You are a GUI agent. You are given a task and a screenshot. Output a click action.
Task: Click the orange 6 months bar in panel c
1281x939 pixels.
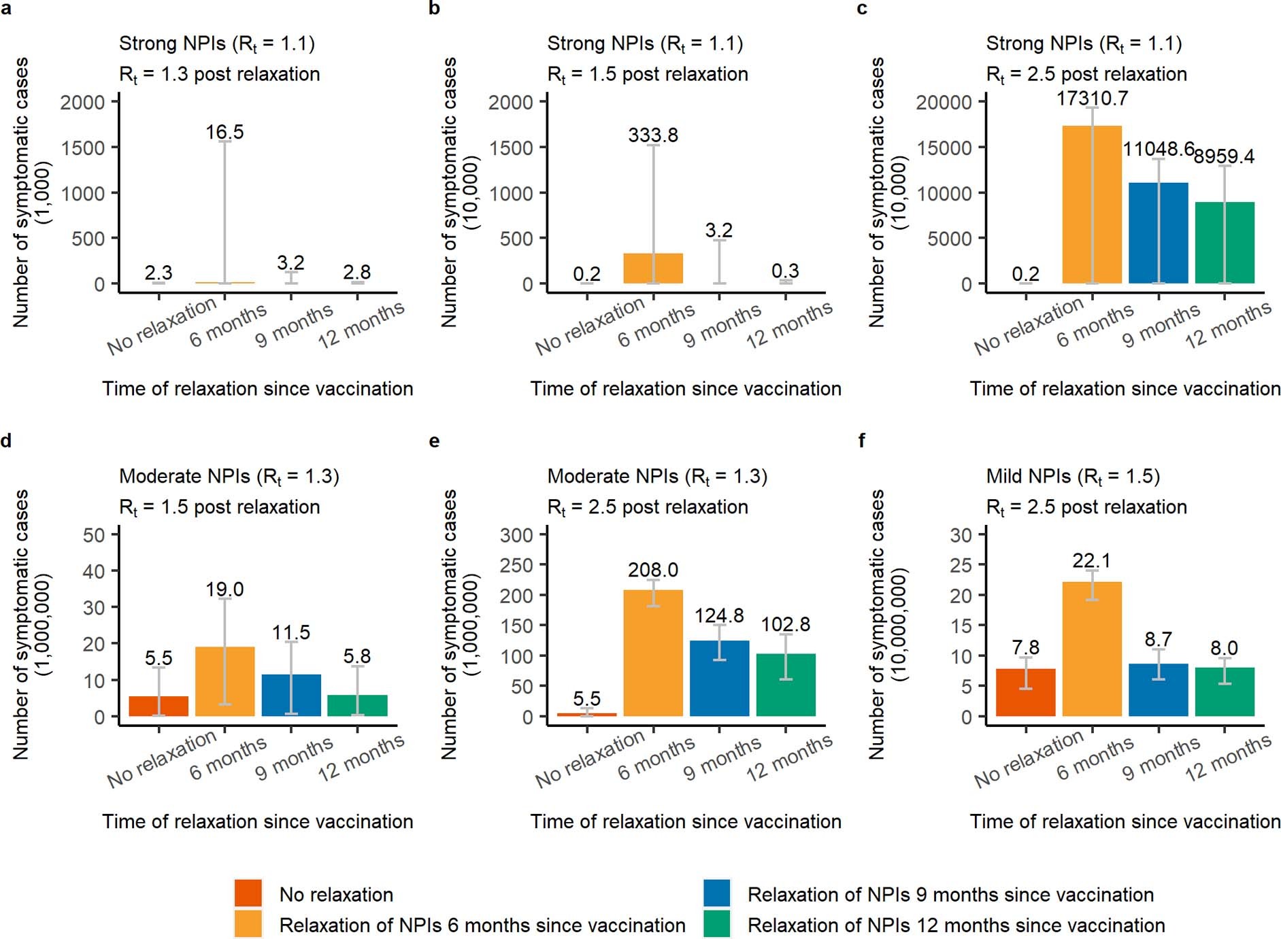pos(1091,204)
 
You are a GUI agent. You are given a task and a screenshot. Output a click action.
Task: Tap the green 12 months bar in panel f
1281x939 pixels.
pos(1224,692)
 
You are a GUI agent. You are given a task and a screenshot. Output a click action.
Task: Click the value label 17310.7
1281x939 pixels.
pos(1091,99)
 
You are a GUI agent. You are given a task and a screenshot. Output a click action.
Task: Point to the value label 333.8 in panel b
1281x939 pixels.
pos(652,135)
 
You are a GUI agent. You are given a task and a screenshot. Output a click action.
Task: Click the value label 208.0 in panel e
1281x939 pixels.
pos(652,570)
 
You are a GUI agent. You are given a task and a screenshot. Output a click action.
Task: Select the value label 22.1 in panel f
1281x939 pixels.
pos(1091,561)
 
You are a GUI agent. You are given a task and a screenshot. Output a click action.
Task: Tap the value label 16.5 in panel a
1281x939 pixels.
pos(224,132)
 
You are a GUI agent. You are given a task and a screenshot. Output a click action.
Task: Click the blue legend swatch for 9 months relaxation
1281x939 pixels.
pos(716,893)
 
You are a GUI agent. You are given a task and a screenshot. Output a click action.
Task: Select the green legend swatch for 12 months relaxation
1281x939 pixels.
pos(716,924)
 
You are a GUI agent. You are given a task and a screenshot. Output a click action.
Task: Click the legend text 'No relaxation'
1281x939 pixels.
pos(336,895)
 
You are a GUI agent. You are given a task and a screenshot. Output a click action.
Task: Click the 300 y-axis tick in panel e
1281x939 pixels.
pos(516,535)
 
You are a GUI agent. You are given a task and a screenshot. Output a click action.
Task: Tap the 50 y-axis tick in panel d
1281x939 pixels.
pos(94,535)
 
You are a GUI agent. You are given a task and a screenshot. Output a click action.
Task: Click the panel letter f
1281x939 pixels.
pos(861,441)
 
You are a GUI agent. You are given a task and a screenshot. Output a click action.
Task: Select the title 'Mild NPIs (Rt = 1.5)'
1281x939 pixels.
pos(1072,477)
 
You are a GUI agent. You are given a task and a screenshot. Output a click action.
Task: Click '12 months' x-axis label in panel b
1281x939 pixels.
pos(789,325)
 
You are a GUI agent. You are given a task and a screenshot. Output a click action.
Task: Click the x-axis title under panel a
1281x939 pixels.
pos(258,389)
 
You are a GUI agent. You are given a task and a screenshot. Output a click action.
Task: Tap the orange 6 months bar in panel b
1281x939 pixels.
pos(652,269)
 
